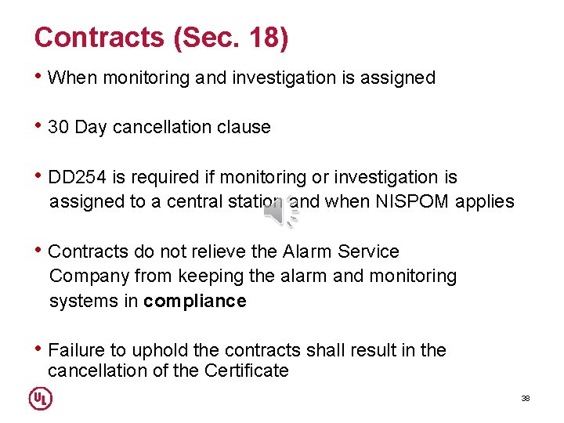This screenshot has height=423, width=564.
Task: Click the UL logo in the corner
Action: tap(41, 399)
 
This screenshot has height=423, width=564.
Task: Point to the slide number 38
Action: tap(526, 399)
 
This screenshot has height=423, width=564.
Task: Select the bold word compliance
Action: tap(195, 302)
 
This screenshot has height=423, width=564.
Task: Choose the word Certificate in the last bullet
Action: tap(247, 371)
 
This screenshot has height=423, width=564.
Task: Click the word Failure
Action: tap(75, 350)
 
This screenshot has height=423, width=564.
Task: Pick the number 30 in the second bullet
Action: tap(59, 127)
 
